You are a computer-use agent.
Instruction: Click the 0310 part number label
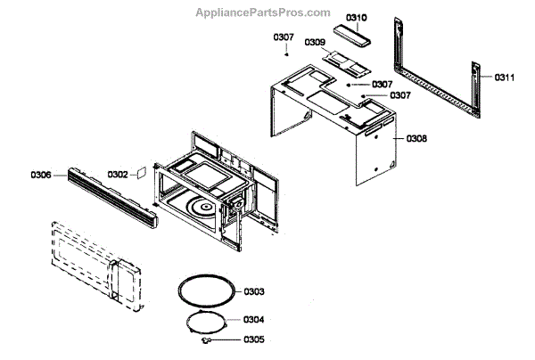pos(357,18)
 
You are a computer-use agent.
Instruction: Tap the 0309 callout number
pos(314,42)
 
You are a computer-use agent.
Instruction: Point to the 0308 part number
pos(417,139)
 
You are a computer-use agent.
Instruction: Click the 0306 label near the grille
pos(41,175)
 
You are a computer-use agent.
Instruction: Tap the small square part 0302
pos(140,175)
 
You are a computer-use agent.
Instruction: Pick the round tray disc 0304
pos(210,320)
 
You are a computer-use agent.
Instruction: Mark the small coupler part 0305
pos(206,339)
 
